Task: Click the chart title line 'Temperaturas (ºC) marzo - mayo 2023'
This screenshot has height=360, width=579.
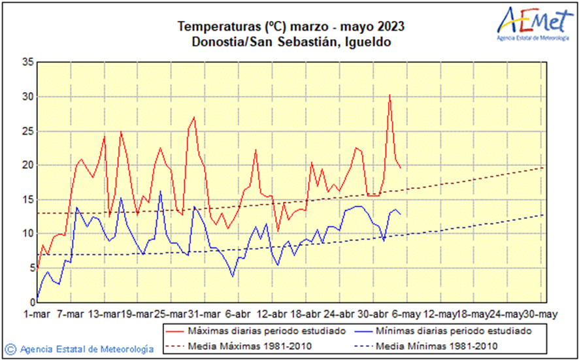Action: [290, 27]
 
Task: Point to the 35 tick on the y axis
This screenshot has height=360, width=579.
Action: [27, 63]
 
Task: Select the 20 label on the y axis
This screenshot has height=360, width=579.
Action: [27, 165]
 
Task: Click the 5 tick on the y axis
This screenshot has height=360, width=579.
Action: [30, 268]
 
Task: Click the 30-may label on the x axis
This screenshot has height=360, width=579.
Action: [541, 313]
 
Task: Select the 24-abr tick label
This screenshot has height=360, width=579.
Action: [340, 313]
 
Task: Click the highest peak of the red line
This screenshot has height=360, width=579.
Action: [389, 95]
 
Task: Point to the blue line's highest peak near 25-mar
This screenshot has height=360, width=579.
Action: [161, 191]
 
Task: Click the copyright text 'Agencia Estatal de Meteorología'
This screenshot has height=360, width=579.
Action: [86, 349]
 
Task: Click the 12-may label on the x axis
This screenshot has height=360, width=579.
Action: [440, 313]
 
